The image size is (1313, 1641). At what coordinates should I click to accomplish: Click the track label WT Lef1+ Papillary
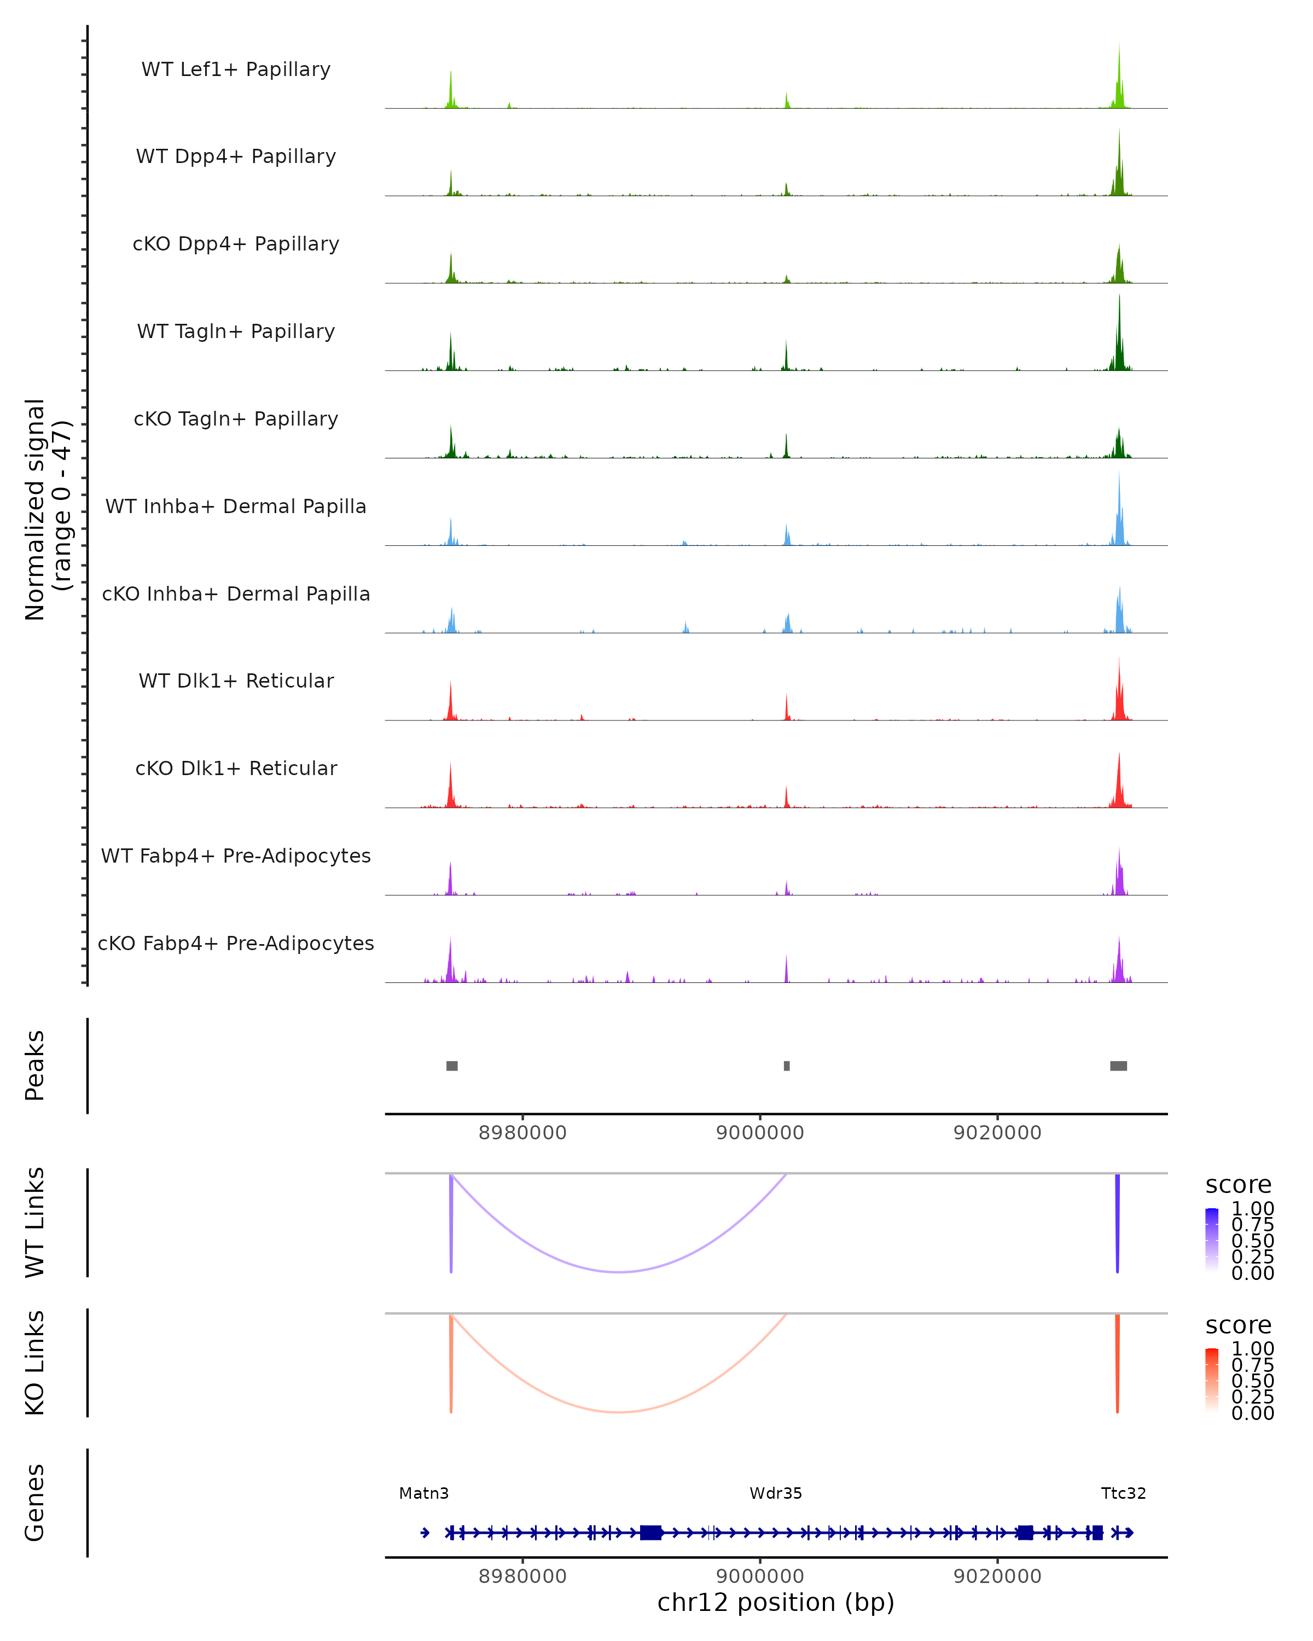click(236, 69)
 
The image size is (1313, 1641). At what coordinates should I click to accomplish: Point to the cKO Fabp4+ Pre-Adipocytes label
click(236, 943)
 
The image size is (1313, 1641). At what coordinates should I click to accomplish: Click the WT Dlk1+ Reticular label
click(236, 680)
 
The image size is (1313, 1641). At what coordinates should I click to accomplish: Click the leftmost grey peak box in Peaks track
click(452, 1066)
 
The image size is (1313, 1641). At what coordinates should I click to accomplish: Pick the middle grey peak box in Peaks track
click(787, 1066)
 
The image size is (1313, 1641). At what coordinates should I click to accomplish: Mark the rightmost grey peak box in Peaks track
click(1118, 1066)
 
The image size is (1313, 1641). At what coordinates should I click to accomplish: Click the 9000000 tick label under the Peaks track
click(760, 1133)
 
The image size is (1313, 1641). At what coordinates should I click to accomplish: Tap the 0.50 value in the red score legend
click(1253, 1380)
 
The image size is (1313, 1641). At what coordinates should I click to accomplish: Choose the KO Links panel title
click(35, 1363)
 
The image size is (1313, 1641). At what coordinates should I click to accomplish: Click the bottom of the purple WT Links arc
click(620, 1272)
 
